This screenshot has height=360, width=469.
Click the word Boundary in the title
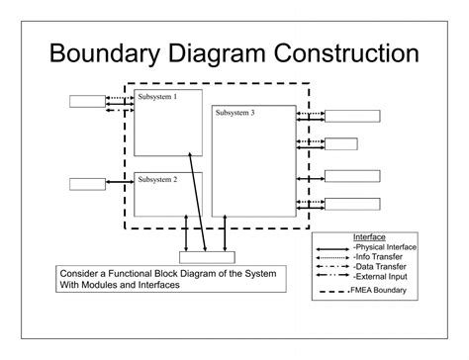(105, 53)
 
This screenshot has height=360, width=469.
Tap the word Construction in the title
(346, 53)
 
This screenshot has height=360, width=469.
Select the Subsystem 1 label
(157, 97)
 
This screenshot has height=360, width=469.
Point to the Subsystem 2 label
(157, 179)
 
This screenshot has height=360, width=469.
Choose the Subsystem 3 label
(234, 113)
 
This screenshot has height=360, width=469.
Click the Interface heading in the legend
(369, 237)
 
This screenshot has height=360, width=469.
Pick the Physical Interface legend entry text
(385, 247)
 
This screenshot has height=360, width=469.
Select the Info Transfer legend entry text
(378, 257)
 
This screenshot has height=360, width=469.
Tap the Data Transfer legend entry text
(379, 266)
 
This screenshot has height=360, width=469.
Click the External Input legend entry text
(380, 276)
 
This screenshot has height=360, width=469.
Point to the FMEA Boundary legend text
(378, 290)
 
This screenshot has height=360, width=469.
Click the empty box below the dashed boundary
(207, 257)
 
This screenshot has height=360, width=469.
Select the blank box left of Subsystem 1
(87, 101)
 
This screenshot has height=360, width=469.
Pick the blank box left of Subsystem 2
(87, 184)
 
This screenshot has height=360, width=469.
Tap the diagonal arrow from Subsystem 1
(197, 202)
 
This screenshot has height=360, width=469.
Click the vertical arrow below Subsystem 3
(225, 233)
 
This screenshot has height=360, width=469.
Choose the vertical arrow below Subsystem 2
(186, 233)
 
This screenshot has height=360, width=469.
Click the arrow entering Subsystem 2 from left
(120, 182)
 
